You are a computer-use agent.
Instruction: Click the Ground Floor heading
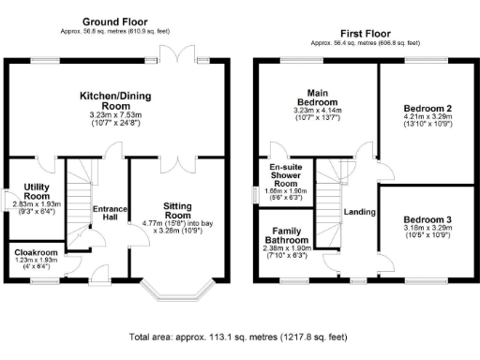coord(116,21)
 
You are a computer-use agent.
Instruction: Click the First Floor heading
coord(364,33)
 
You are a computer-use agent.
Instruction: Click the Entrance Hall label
coord(111,213)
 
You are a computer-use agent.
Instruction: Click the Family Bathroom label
coord(285,235)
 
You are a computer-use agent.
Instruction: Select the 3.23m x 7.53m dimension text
coord(116,113)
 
